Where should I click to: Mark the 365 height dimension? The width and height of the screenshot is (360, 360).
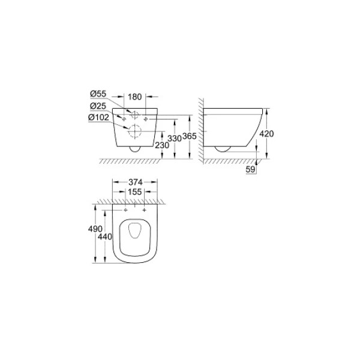190,137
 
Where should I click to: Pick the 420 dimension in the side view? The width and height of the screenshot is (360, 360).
266,134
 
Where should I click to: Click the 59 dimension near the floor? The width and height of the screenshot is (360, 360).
252,170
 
